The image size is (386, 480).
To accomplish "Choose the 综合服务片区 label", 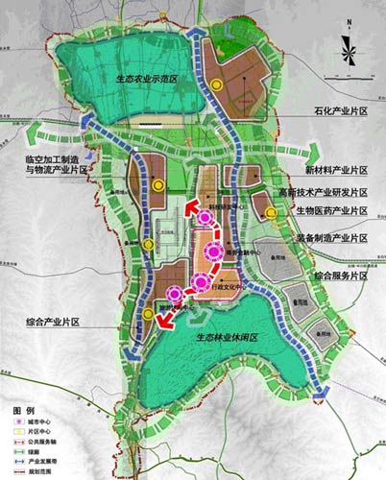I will (336, 276).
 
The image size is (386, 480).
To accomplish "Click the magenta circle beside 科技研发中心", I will (204, 219).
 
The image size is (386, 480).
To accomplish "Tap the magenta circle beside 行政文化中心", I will (199, 281).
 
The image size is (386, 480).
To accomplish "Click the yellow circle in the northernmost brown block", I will (218, 85).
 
